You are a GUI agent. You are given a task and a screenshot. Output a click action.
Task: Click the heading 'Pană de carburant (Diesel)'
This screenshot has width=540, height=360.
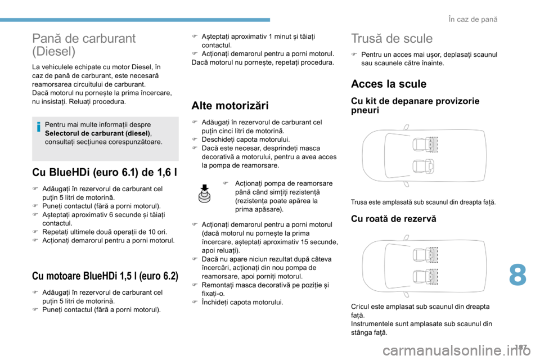click(84, 45)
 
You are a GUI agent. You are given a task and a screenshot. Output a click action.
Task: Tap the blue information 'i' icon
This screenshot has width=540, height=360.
click(38, 128)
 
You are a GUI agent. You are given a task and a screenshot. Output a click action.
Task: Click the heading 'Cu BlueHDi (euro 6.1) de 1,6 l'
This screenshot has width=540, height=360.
click(105, 172)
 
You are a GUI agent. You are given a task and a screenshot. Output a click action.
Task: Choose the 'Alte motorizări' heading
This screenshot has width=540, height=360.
click(230, 105)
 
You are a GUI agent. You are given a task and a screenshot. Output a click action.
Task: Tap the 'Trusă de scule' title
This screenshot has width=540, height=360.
click(391, 38)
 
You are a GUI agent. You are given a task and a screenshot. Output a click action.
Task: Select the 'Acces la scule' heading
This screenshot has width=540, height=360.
click(388, 84)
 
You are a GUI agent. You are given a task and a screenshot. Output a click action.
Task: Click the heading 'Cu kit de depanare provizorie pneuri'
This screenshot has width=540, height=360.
click(415, 105)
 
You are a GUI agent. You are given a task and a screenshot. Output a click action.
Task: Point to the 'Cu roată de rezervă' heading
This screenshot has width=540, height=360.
click(393, 219)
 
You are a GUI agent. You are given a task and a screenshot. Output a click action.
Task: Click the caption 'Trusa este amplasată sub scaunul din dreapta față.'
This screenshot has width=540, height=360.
click(423, 201)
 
